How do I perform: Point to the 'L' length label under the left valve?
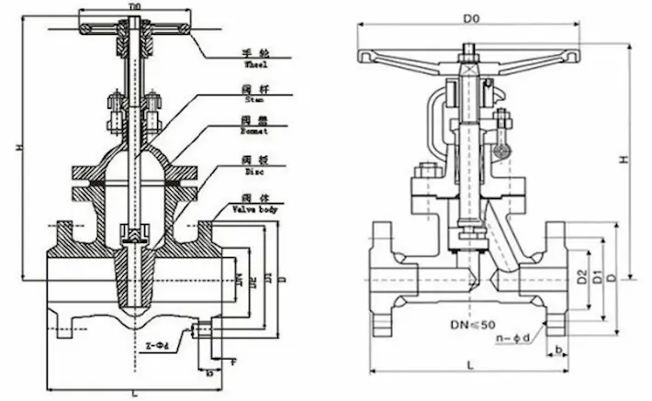point(134,393)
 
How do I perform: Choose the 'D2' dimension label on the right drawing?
point(581,275)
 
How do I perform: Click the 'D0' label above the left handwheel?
point(134,6)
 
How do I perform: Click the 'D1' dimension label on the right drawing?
point(596,275)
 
